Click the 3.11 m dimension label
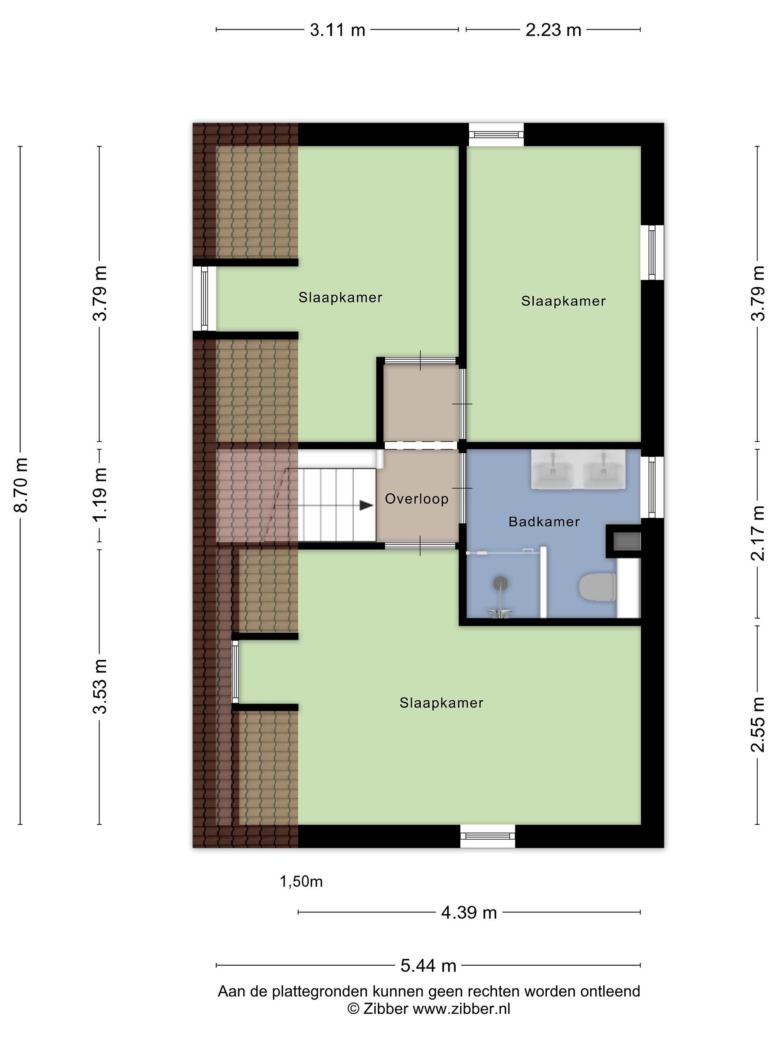point(337,30)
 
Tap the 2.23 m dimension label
point(553,30)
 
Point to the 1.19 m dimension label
point(100,495)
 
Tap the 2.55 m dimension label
point(758,725)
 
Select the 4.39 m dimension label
point(469,913)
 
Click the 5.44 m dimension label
point(428,966)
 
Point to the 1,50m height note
point(301,882)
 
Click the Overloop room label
point(417,499)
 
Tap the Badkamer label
point(544,521)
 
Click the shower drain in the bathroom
point(500,583)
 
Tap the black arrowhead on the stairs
point(366,506)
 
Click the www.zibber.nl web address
point(461,1009)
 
